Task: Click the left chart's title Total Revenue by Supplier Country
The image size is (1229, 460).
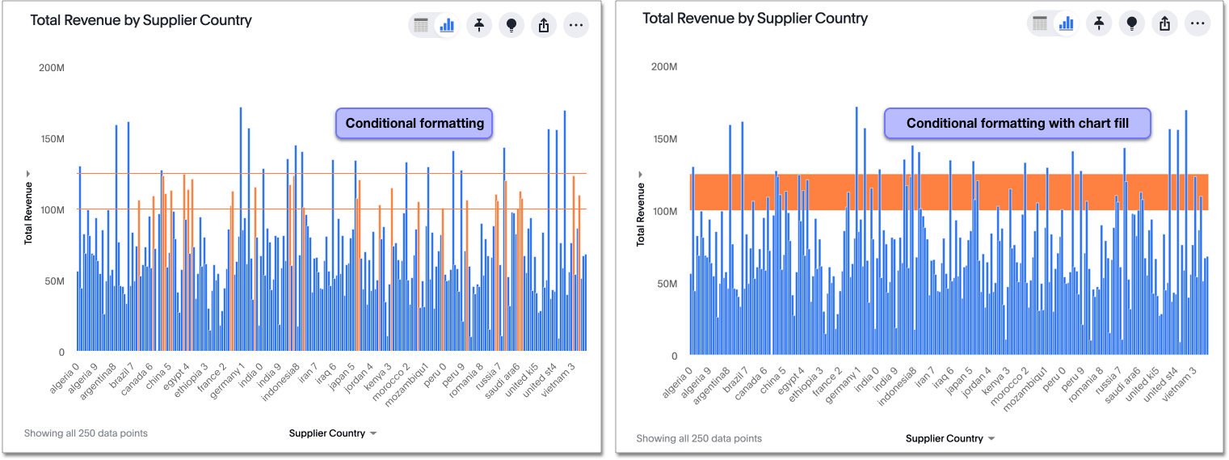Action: (141, 21)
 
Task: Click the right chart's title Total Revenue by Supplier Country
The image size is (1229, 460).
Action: (755, 19)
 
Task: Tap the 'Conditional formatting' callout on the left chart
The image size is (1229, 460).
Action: (415, 124)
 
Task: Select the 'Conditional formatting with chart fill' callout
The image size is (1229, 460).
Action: (1017, 124)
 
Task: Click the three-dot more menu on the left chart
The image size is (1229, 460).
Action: (575, 26)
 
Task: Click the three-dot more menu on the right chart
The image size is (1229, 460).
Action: (1197, 23)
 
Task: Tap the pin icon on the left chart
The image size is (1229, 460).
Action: (479, 26)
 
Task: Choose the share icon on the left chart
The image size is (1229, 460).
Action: (543, 26)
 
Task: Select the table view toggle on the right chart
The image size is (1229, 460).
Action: (1041, 23)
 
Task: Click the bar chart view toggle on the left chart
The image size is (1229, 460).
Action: (447, 26)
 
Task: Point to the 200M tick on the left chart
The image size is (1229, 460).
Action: (52, 68)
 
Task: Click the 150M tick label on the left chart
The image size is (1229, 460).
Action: (52, 139)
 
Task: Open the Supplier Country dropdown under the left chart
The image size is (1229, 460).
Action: (333, 433)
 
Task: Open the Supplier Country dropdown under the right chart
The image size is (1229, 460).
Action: (949, 439)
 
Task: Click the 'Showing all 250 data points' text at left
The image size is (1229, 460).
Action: (86, 433)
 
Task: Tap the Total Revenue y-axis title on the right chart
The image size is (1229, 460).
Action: (640, 214)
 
